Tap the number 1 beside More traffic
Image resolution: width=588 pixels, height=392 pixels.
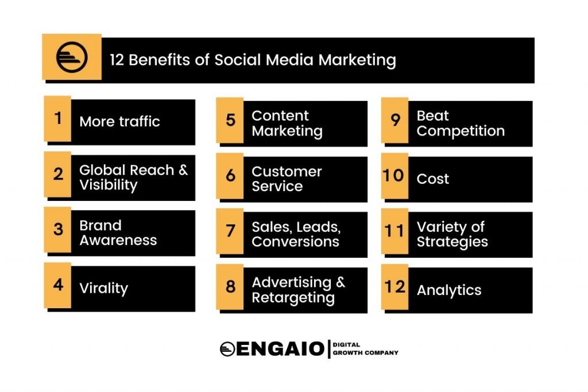58,118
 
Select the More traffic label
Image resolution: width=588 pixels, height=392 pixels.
119,121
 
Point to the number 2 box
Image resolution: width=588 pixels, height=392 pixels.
58,174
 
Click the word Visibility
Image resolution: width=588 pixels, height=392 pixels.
109,185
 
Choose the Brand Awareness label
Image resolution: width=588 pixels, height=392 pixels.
118,232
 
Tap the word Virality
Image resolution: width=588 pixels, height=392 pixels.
103,288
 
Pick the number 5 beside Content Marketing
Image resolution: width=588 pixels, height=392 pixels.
230,120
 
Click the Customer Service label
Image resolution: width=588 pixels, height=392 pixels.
286,178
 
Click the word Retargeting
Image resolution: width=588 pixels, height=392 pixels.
293,298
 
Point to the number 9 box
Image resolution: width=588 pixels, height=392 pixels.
395,120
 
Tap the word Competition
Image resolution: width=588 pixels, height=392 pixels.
461,131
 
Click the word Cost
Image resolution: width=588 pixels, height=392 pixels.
433,179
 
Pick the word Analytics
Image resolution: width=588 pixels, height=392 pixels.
449,290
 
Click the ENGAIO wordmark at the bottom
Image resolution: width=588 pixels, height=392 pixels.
280,348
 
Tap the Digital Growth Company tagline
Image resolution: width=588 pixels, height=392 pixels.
365,348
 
